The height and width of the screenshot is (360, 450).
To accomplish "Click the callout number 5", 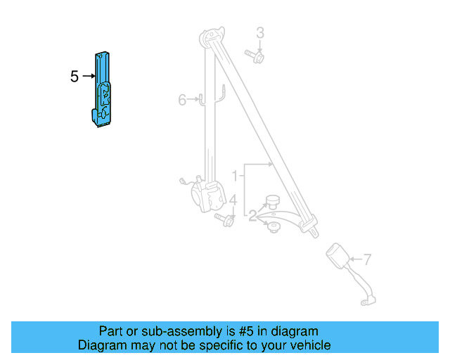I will [75, 76].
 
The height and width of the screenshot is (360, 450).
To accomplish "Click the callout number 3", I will [259, 32].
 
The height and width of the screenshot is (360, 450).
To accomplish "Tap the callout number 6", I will [182, 100].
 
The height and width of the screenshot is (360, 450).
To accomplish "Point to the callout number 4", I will [232, 202].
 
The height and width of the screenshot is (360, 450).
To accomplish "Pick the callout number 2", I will [252, 215].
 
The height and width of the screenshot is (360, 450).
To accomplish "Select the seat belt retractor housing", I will [208, 195].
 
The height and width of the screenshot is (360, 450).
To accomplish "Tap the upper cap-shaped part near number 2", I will [271, 202].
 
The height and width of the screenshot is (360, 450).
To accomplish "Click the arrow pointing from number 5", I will [89, 76].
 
